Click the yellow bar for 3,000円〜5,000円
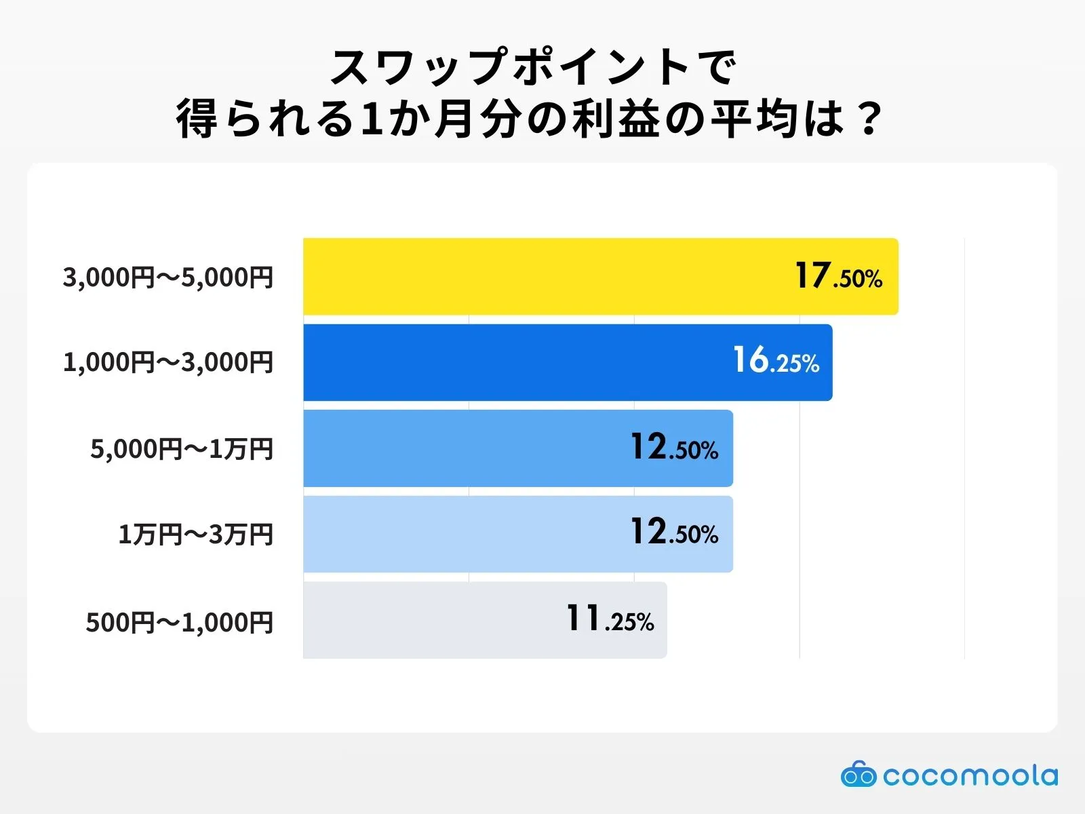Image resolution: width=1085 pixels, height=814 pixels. (x=542, y=277)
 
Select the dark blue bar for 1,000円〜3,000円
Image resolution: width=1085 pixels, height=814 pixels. (x=515, y=362)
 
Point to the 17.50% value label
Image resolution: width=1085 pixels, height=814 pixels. (x=839, y=277)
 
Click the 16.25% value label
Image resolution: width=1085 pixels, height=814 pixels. (x=776, y=361)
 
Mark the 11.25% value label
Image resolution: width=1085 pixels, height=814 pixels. (x=610, y=619)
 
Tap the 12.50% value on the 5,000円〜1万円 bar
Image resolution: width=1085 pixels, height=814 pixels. (x=674, y=448)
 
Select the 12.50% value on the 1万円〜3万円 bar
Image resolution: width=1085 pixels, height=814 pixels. (x=674, y=532)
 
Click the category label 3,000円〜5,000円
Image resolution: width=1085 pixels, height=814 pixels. (x=168, y=277)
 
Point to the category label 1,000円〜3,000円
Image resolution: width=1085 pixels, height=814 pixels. (x=168, y=362)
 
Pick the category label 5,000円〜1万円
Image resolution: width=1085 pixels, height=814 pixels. (x=182, y=448)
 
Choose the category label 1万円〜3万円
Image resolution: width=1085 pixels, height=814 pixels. (x=196, y=535)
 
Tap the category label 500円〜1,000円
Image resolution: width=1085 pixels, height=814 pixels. (x=180, y=622)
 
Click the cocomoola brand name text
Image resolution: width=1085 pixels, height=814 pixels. (x=970, y=775)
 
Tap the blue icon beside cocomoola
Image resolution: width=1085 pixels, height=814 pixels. (x=859, y=775)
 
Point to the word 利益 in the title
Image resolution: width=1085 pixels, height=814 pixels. (x=616, y=119)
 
